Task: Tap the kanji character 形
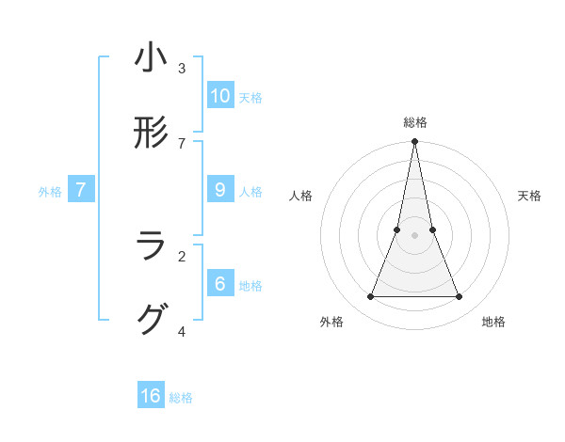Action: [x=151, y=133]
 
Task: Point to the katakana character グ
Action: [x=151, y=320]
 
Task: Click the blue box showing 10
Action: [x=219, y=95]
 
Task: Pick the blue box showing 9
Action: [x=219, y=189]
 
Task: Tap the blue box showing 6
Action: [x=219, y=283]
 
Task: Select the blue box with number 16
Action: [x=151, y=396]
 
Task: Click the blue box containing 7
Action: [x=81, y=190]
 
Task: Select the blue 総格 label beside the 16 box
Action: [x=181, y=398]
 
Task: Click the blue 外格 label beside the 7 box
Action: [x=50, y=192]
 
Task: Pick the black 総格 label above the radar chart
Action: [x=415, y=122]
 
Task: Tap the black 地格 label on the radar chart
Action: [x=493, y=322]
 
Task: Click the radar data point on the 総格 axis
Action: [x=414, y=142]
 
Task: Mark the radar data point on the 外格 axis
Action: [x=370, y=297]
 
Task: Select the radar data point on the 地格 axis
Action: [x=460, y=297]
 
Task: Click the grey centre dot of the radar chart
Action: [x=414, y=235]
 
